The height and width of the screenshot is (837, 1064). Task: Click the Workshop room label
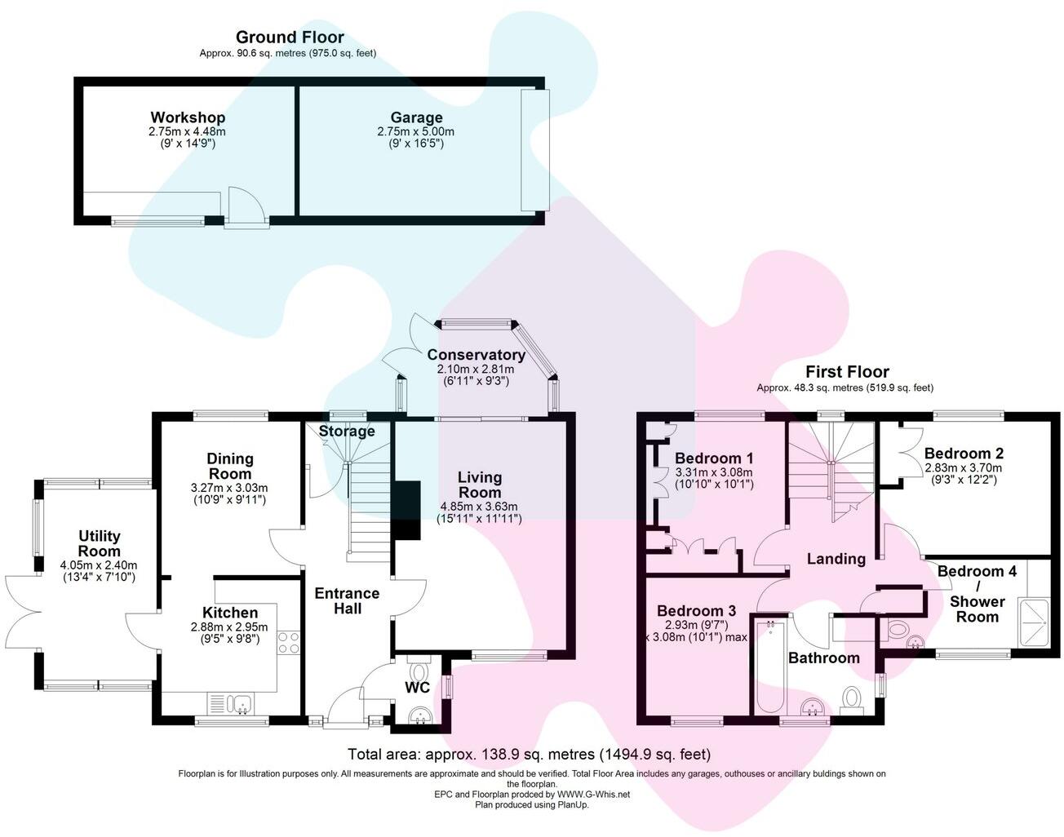187,117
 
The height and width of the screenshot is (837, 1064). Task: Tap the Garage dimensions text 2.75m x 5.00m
415,131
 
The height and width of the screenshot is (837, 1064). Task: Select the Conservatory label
476,355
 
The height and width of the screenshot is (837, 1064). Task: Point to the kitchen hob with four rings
290,643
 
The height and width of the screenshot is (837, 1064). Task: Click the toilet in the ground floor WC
420,673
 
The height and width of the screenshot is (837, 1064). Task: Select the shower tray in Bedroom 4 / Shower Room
1038,604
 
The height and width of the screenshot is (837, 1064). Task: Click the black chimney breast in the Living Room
406,510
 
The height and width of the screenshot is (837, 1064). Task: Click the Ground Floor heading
289,37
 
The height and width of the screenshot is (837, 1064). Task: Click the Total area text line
529,754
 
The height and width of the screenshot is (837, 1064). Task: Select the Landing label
836,559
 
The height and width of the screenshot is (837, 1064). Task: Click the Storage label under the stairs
347,432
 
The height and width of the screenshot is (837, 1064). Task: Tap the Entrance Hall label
347,600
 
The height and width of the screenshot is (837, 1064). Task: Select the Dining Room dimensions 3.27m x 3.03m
229,489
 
